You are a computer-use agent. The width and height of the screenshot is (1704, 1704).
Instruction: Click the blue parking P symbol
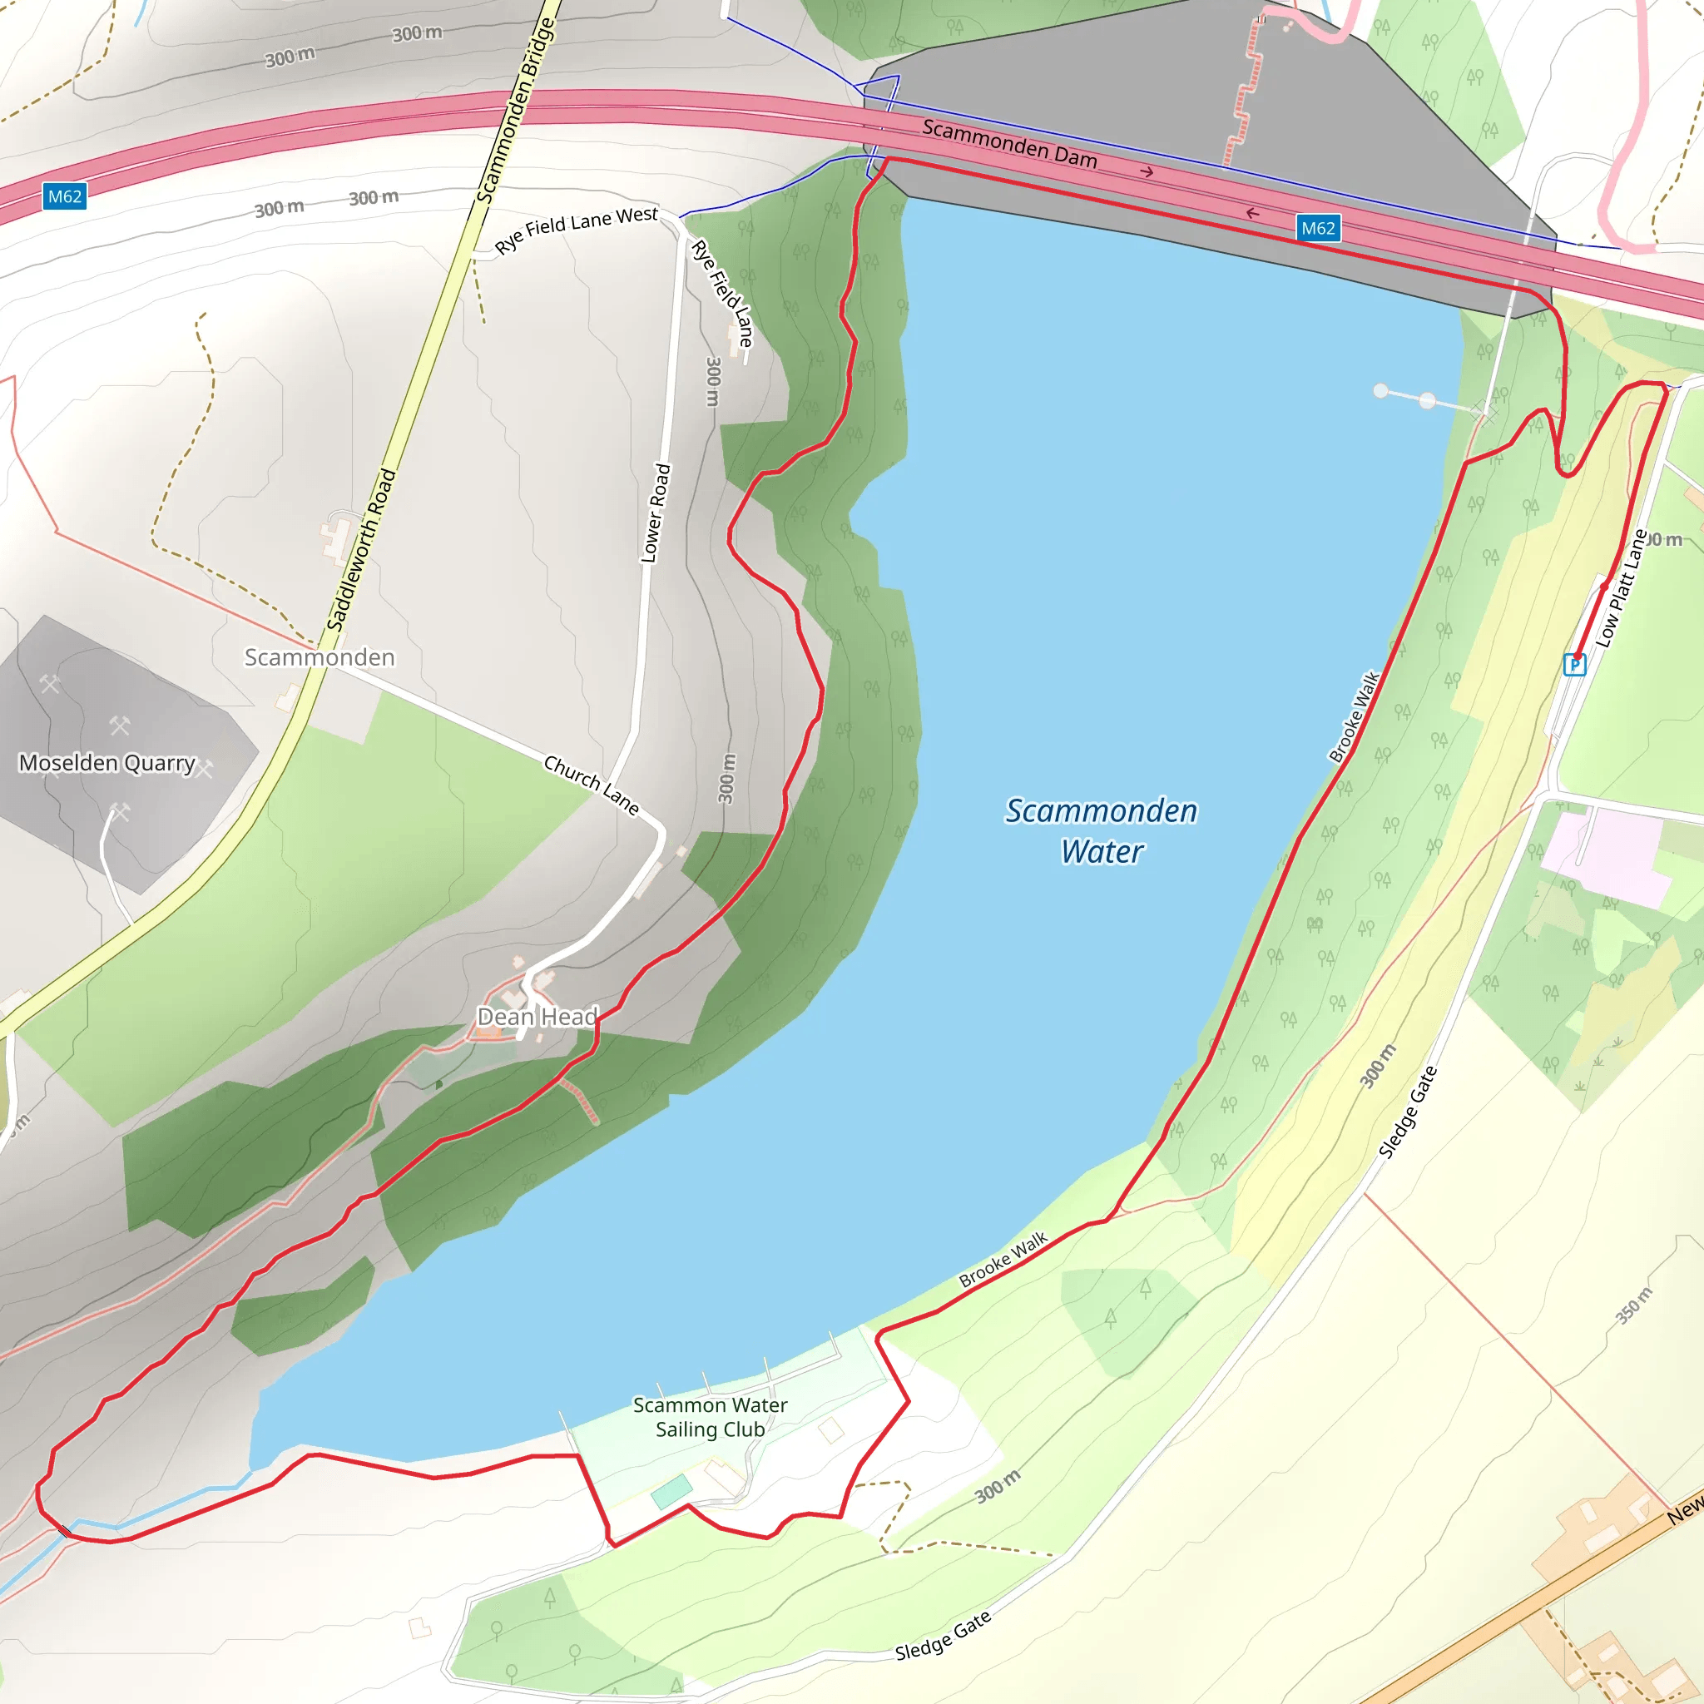pos(1574,664)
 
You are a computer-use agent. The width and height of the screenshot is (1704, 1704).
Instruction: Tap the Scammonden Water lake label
pos(1102,831)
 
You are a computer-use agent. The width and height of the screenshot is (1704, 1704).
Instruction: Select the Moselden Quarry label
pos(106,763)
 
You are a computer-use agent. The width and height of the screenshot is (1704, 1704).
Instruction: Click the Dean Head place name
pos(537,1017)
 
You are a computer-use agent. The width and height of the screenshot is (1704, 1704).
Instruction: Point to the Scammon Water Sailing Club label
pos(710,1416)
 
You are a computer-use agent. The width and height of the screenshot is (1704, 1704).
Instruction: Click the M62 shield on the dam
pos(1318,229)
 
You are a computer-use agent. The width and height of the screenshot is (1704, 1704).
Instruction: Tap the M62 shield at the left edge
pos(64,196)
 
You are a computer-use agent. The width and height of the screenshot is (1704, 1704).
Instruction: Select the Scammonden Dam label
pos(1009,144)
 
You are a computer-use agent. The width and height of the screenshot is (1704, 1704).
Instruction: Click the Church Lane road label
pos(591,785)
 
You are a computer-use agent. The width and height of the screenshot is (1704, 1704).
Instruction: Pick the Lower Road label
pos(656,513)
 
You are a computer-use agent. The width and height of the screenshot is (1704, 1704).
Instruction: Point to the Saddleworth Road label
pos(362,550)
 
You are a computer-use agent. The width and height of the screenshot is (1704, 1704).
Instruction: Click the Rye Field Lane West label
pos(576,229)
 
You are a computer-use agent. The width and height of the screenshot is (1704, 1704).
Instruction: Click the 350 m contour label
pos(1633,1305)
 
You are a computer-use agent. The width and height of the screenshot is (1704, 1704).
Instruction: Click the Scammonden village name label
pos(319,657)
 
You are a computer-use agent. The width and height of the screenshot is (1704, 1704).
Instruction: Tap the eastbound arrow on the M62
pos(1147,172)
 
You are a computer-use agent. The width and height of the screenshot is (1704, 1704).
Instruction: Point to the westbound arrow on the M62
pos(1252,214)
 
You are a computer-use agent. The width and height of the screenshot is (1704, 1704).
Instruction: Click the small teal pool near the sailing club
pos(671,1492)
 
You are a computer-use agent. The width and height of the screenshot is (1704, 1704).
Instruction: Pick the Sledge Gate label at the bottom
pos(943,1636)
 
